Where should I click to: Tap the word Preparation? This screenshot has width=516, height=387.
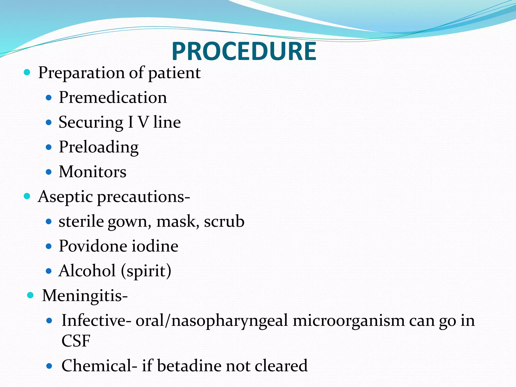click(81, 73)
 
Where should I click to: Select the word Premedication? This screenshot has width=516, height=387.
click(113, 98)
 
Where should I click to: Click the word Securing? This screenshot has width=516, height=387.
click(91, 122)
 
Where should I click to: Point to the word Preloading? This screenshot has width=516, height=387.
click(99, 147)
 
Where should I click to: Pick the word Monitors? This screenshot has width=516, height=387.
click(92, 172)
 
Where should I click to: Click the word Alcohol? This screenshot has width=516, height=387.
click(87, 271)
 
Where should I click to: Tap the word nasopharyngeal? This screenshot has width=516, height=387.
click(230, 321)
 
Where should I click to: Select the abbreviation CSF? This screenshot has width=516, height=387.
click(76, 341)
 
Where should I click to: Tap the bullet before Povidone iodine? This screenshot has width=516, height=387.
click(49, 246)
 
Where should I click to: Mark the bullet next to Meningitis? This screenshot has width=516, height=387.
click(30, 295)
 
